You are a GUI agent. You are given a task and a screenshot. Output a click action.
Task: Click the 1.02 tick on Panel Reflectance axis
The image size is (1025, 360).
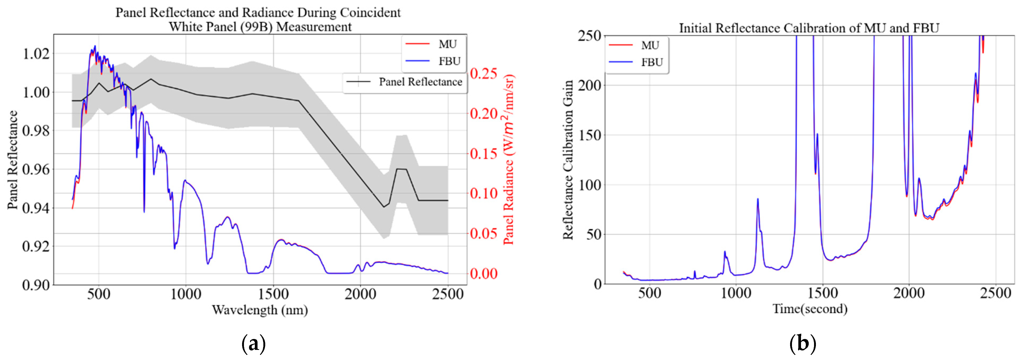(x=36, y=53)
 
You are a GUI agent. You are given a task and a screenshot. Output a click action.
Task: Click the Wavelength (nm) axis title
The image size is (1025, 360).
(x=260, y=309)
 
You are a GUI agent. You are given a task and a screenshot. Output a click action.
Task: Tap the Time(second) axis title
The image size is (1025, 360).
(x=810, y=309)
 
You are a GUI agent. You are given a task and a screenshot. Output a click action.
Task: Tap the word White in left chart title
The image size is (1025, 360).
(x=185, y=27)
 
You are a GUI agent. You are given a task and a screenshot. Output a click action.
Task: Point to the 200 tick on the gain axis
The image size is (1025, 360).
(x=589, y=85)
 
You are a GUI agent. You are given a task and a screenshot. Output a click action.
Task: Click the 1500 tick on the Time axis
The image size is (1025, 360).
(x=822, y=294)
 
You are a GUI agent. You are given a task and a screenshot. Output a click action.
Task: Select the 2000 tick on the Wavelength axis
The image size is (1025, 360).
(x=360, y=294)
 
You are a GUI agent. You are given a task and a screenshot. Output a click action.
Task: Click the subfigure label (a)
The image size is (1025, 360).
(x=254, y=343)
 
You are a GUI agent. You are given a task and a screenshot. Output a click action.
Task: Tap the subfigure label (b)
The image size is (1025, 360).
(x=802, y=343)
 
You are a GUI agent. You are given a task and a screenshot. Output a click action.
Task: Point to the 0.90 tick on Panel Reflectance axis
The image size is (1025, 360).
(x=36, y=285)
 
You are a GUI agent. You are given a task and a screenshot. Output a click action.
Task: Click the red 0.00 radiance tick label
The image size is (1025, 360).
(x=483, y=274)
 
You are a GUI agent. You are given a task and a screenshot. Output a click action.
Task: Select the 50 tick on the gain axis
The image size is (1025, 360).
(x=594, y=234)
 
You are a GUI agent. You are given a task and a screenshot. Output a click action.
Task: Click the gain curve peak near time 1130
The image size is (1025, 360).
(x=758, y=199)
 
